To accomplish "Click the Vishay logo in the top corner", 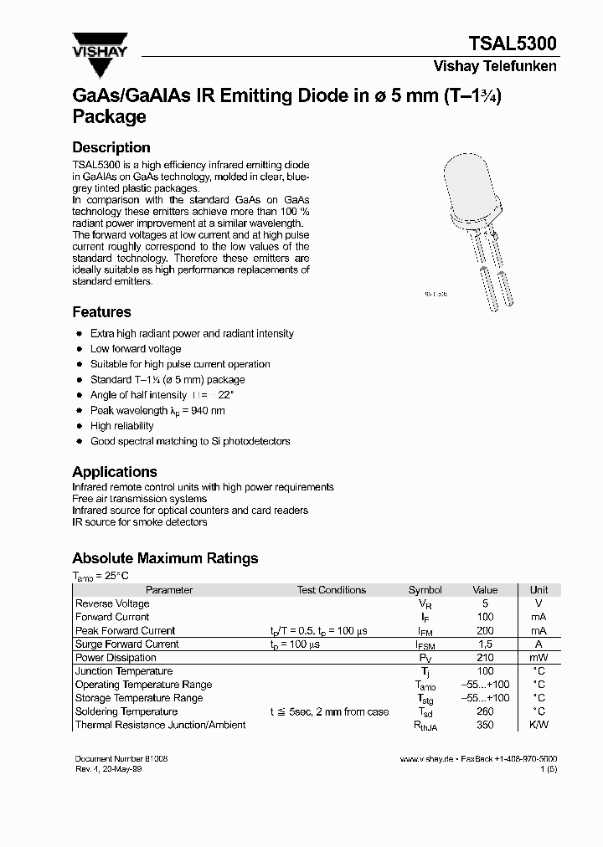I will [x=99, y=44].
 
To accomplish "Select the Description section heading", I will [x=111, y=147].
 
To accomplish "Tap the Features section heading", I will [x=101, y=312].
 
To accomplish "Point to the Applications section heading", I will [x=115, y=472].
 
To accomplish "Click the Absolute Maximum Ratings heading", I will [x=165, y=558].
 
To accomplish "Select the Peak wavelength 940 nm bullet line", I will [x=157, y=411].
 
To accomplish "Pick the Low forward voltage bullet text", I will [x=136, y=349].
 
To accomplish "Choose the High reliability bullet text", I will [x=123, y=426].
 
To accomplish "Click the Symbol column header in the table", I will [x=425, y=590].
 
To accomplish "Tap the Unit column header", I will [x=539, y=590].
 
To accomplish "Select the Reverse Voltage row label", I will [x=112, y=603].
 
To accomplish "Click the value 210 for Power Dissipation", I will [x=485, y=658].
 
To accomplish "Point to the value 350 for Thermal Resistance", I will [x=485, y=725].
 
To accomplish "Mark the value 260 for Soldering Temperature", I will [x=485, y=711].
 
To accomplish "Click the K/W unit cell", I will [x=539, y=725].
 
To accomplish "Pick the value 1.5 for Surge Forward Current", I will [x=485, y=644].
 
